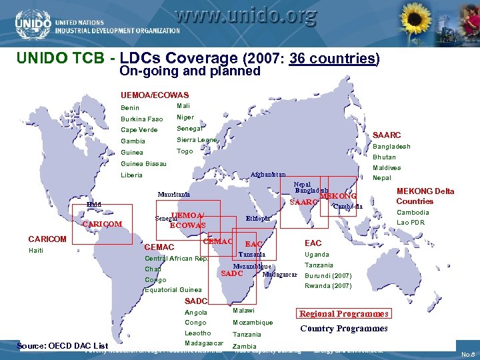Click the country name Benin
(x=131, y=108)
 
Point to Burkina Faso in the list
(x=141, y=119)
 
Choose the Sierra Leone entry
(x=197, y=139)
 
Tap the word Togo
(x=185, y=151)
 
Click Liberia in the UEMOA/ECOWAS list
(x=131, y=175)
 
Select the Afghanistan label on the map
(x=268, y=175)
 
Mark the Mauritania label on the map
(x=173, y=195)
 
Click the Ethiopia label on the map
(x=258, y=218)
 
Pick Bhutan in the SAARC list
(x=384, y=157)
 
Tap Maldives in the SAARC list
(x=387, y=168)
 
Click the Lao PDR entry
(x=411, y=223)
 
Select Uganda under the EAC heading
(x=317, y=255)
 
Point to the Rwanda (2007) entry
(x=328, y=286)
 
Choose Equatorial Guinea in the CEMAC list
(x=173, y=290)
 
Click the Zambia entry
(x=244, y=347)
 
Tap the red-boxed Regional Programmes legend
(x=343, y=314)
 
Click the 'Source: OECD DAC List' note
(x=63, y=345)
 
